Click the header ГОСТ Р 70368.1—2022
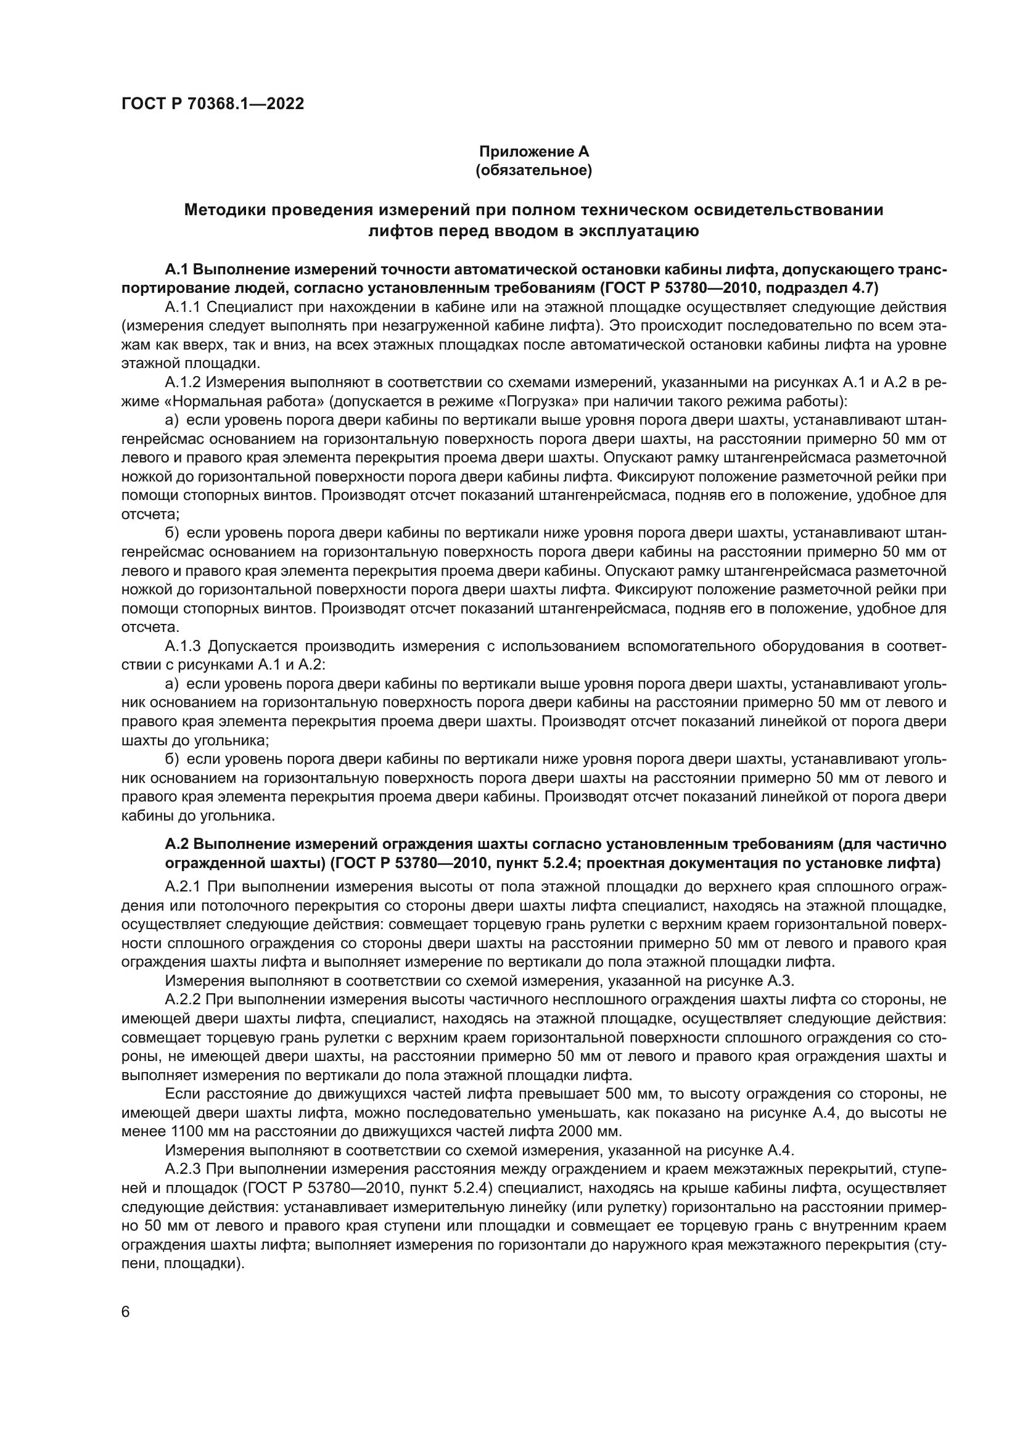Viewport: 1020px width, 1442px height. (x=212, y=104)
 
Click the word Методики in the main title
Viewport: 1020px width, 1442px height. (x=224, y=210)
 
